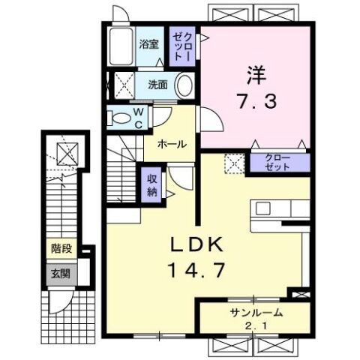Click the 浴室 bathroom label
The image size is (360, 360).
tap(149, 44)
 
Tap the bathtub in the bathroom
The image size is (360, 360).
tap(121, 46)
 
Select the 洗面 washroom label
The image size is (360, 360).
tap(157, 85)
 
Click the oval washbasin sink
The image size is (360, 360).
tap(185, 85)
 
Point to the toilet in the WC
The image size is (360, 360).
tap(119, 118)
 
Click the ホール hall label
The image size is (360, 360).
tap(172, 144)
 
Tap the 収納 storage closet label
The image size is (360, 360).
tap(152, 184)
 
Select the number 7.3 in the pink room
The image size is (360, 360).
tap(256, 102)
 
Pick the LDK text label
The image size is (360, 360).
tap(196, 244)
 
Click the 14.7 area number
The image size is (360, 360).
tap(197, 270)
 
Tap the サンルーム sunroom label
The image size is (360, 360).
tap(256, 313)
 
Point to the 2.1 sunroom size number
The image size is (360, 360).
tap(256, 325)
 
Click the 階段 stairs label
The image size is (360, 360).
tap(61, 248)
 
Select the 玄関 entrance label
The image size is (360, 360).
tap(61, 274)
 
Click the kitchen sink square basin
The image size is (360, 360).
tap(262, 208)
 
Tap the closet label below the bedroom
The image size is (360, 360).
tap(277, 163)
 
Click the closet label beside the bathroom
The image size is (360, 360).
tap(182, 46)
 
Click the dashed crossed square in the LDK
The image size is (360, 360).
tap(235, 163)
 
